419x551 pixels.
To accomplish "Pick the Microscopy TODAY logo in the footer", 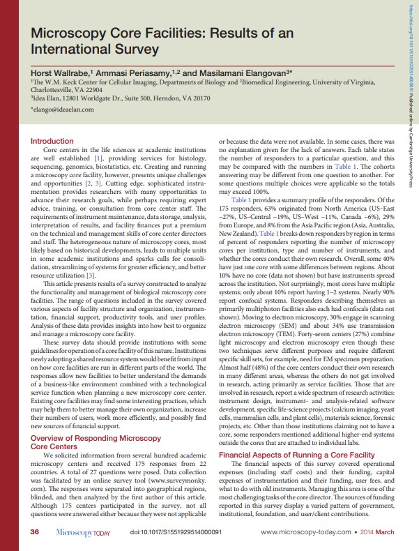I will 82,532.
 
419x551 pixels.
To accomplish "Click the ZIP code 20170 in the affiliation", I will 199,98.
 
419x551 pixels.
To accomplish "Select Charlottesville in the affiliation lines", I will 52,89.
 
